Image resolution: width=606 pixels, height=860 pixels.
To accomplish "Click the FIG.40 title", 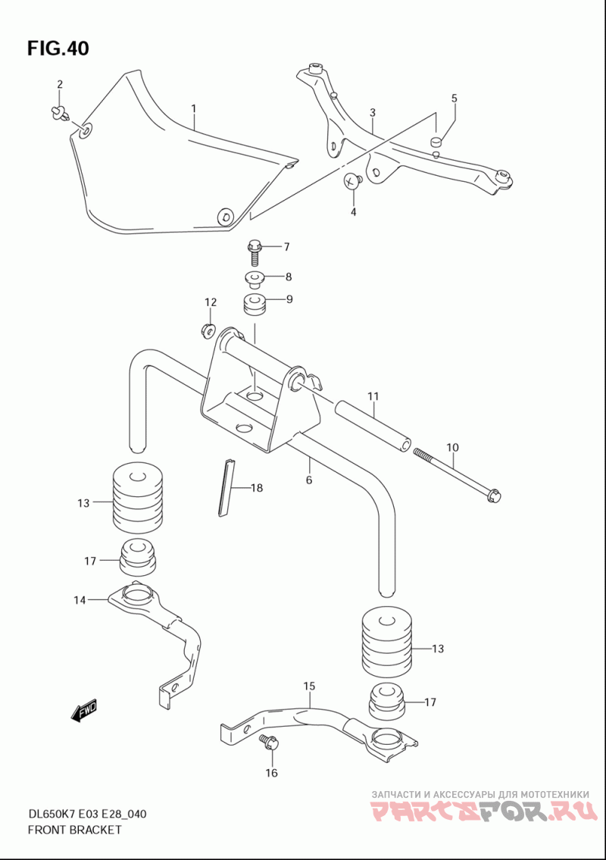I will tap(58, 48).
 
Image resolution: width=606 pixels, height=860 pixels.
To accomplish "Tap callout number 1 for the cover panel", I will tap(193, 109).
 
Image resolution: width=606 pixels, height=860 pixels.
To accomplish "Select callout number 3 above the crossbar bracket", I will tap(373, 114).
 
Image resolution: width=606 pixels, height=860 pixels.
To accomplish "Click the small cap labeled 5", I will tap(436, 141).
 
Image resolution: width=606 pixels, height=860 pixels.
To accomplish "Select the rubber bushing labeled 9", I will tap(254, 305).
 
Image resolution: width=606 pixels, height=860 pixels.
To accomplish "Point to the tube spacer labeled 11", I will tap(373, 426).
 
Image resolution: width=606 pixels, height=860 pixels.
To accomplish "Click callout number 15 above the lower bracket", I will tap(309, 686).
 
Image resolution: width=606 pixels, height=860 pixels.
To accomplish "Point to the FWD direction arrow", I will tap(83, 711).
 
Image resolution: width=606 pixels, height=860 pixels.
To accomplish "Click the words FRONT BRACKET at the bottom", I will tap(74, 830).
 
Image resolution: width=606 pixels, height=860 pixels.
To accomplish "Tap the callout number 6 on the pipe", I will tap(309, 480).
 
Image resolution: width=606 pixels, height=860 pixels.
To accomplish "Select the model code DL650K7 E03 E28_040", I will tap(87, 815).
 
